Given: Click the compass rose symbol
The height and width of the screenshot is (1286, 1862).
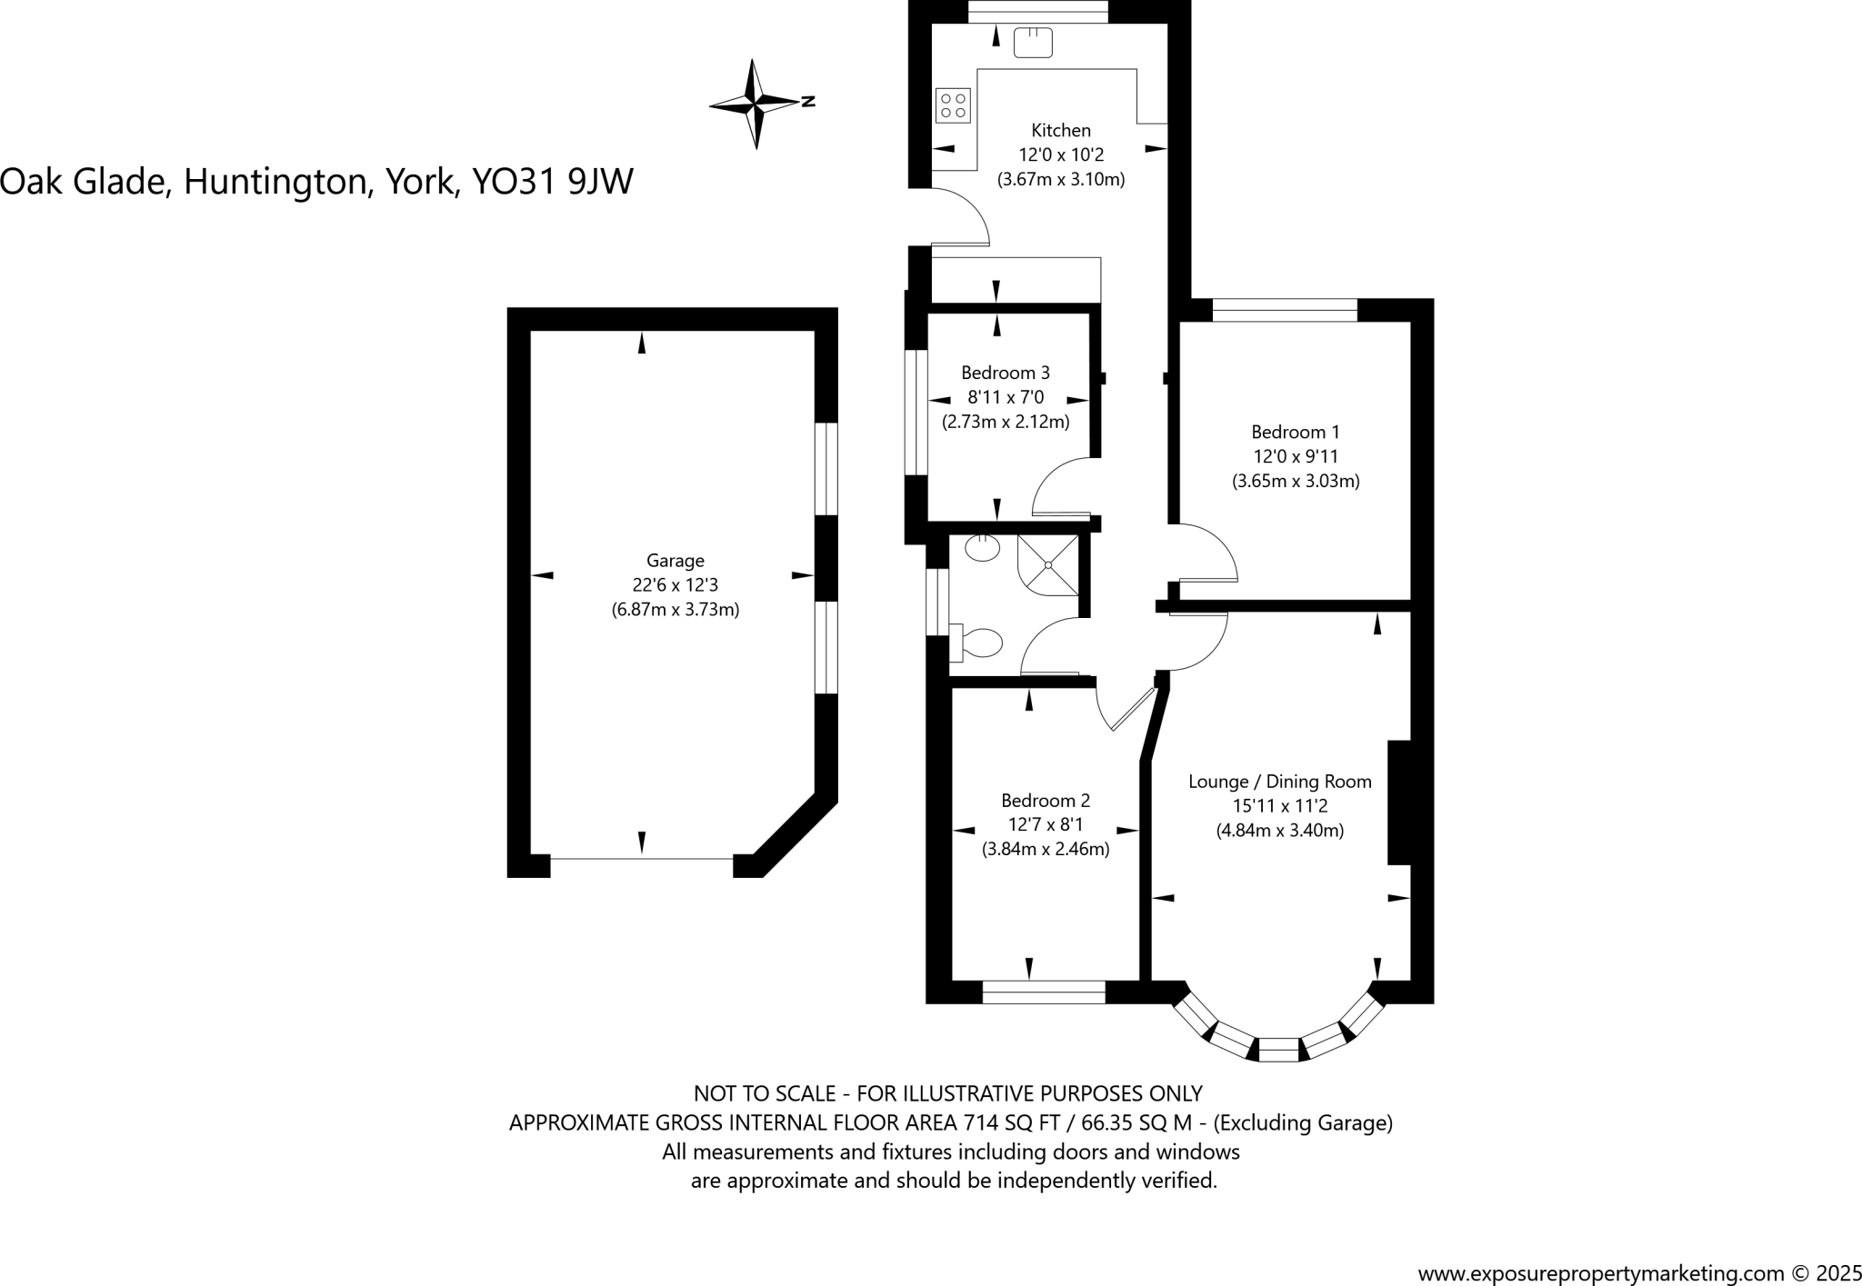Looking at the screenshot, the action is click(756, 103).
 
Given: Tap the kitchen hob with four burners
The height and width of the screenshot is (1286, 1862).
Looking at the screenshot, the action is click(953, 105).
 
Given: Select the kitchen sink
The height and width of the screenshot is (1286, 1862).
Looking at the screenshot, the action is click(1033, 42).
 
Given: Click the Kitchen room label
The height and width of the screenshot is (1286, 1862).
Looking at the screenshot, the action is click(1060, 131).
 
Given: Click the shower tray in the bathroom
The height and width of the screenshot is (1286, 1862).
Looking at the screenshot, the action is click(1049, 564).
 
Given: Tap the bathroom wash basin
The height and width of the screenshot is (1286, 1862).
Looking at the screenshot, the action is click(982, 548).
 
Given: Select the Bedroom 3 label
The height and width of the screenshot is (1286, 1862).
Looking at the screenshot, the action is click(1005, 373).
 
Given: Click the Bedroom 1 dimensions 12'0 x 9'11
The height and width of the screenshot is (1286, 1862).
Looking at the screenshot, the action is click(1296, 457).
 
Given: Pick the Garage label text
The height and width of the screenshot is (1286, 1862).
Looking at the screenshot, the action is click(675, 561).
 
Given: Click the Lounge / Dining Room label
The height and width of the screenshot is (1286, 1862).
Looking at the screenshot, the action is click(1279, 782).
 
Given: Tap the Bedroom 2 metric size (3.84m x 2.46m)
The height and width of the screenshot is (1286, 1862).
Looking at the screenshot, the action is click(1046, 850).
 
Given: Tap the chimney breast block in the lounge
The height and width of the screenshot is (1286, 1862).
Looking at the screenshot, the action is click(1398, 802).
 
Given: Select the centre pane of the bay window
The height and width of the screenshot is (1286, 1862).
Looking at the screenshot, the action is click(1278, 1050).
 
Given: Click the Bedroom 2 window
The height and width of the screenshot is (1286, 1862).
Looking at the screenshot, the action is click(1044, 992).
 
